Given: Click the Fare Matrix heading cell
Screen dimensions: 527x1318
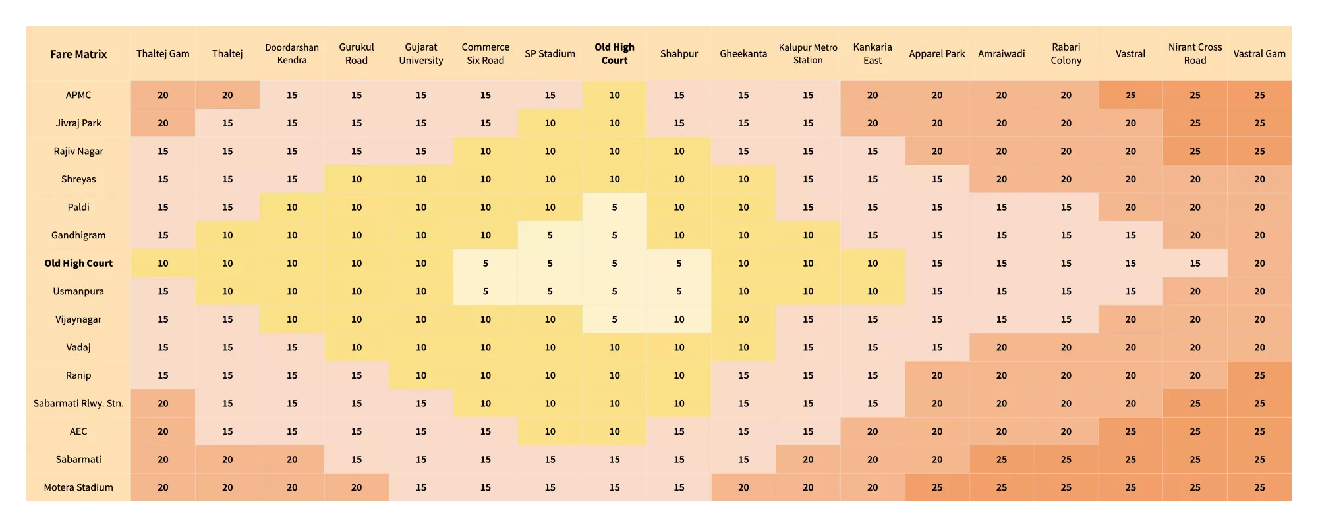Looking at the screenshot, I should (78, 54).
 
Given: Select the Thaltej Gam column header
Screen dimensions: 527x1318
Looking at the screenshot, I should (163, 54).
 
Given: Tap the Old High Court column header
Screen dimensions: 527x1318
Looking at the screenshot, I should (614, 54).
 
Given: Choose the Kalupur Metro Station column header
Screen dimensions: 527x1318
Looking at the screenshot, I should (808, 54).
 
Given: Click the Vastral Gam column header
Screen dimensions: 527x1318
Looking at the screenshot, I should (1259, 54).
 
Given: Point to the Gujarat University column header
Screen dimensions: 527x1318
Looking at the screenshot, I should (421, 54).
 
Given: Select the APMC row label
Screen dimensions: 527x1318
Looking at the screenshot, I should (78, 95).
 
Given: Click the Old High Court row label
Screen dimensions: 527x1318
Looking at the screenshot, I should (78, 263).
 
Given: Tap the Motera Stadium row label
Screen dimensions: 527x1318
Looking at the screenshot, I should (78, 487).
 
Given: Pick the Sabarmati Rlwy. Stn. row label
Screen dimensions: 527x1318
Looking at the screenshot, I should (78, 403).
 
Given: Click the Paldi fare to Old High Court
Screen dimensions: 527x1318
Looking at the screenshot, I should (614, 207).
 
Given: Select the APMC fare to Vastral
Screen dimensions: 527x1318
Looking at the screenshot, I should (1130, 95).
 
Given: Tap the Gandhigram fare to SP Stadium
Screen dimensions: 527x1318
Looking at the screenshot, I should (550, 235).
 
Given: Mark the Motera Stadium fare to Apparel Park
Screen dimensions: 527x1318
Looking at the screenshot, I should (936, 487).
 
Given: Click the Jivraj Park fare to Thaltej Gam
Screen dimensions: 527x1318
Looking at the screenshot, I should (163, 123).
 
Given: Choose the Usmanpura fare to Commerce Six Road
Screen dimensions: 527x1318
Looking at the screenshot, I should (485, 291).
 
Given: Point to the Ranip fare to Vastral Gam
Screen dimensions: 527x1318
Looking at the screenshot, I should (1259, 375).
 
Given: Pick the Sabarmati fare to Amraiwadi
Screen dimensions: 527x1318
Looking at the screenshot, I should (1001, 459).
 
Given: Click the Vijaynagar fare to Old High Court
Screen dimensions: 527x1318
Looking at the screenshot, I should (614, 319).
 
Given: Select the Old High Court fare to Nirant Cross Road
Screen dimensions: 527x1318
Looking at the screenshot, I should (1195, 263).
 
